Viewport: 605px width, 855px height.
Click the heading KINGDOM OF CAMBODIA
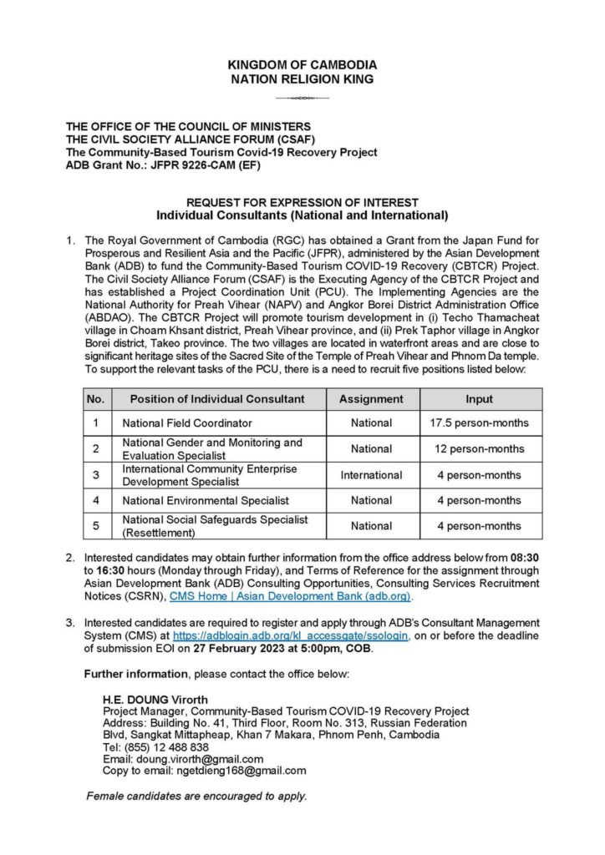point(302,64)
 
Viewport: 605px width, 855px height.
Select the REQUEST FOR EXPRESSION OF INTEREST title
point(302,203)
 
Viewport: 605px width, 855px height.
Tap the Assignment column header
point(371,399)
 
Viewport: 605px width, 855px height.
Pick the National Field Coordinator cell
point(187,423)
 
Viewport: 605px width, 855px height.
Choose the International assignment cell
point(371,475)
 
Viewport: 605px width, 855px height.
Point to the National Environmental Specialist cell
point(206,500)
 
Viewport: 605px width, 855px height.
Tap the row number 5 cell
point(95,526)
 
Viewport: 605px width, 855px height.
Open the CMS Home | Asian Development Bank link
point(291,597)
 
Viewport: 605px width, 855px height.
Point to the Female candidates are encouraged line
point(196,796)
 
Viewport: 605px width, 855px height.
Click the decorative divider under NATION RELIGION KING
point(302,98)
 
